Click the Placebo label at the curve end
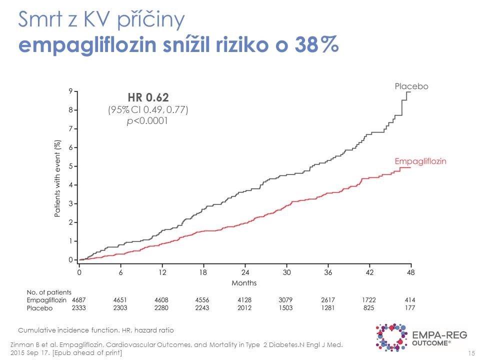point(411,86)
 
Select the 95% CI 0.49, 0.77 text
point(147,109)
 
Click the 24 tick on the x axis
point(245,272)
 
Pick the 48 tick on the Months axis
point(410,272)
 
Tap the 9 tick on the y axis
point(71,91)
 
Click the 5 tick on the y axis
point(71,166)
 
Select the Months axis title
point(244,283)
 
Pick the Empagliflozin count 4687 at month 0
point(79,299)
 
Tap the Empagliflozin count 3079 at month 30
point(286,299)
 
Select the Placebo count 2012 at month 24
point(245,308)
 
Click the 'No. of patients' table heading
point(48,291)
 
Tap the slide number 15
point(470,353)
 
